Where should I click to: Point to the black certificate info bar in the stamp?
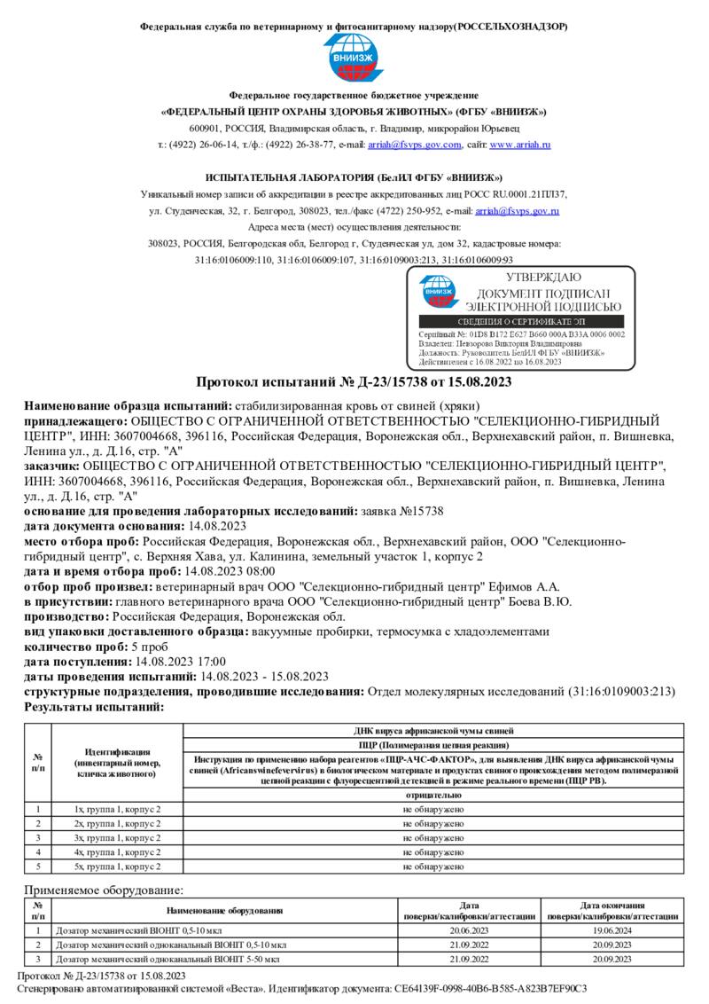(520, 322)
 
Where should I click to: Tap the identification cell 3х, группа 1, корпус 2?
(117, 837)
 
